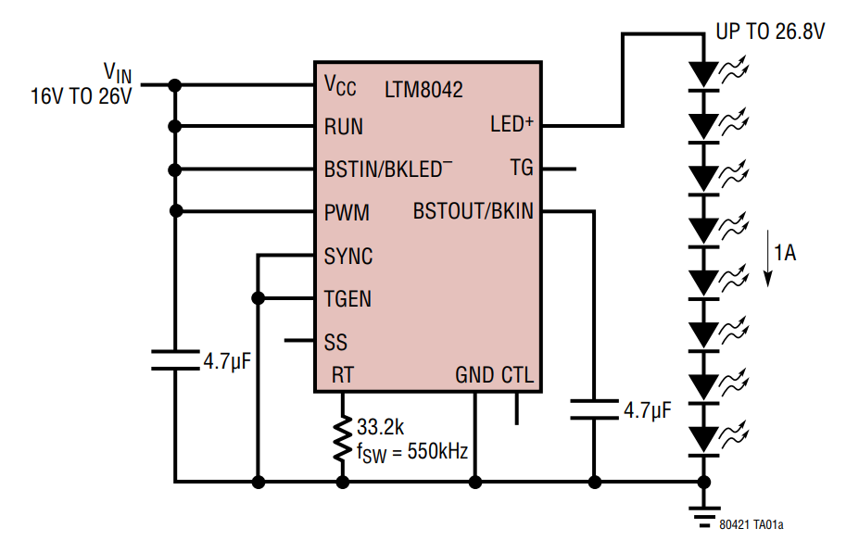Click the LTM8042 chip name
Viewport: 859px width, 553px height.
coord(423,90)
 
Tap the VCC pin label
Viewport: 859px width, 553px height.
coord(340,86)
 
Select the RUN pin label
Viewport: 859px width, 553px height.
coord(343,127)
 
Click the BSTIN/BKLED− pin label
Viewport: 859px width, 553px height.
coord(387,170)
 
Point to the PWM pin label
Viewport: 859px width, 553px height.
coord(347,213)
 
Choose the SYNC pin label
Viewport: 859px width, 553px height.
coord(348,257)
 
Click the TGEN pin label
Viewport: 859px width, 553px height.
coord(347,299)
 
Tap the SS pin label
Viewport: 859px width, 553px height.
coord(335,342)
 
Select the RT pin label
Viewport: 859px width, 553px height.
coord(343,376)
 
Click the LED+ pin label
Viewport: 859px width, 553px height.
coord(512,124)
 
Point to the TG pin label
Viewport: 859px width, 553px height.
coord(522,169)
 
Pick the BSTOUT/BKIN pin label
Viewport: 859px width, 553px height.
coord(473,212)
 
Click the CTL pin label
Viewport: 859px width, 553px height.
coord(517,376)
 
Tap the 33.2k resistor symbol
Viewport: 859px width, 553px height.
coord(343,440)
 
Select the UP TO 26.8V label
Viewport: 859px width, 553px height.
coord(769,32)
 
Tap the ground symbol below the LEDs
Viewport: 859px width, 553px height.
coord(704,512)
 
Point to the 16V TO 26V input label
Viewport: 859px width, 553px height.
coord(82,95)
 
